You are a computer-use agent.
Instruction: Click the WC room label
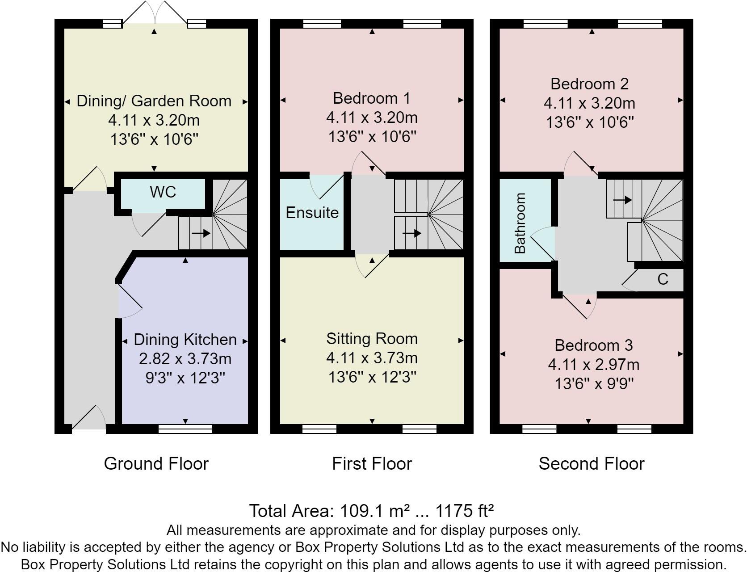[163, 192]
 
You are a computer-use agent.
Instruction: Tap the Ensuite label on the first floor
[312, 213]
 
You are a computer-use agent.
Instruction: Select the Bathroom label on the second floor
[520, 223]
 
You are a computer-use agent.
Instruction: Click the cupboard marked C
[663, 279]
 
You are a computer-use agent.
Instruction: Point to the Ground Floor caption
[156, 464]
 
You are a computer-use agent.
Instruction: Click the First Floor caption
[372, 464]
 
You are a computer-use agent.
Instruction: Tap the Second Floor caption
[591, 464]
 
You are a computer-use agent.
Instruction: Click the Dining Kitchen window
[185, 429]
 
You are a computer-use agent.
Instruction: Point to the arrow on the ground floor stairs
[201, 233]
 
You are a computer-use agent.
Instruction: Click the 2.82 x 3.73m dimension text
[185, 359]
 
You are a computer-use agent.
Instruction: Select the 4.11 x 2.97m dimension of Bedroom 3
[593, 365]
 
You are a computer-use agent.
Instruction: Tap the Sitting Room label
[372, 339]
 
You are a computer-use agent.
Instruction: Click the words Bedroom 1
[372, 98]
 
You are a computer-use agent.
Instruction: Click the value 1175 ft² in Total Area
[465, 511]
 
